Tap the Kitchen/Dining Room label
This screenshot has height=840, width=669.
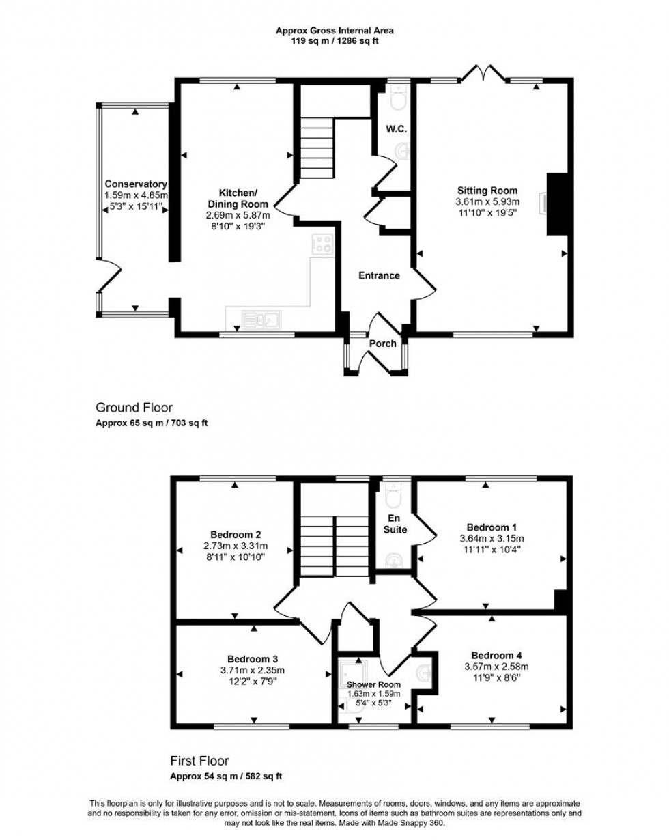point(238,198)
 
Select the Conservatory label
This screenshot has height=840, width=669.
point(136,184)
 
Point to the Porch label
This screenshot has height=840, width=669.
point(382,344)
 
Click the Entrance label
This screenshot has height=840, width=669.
point(379,275)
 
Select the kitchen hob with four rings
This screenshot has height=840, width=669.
point(322,244)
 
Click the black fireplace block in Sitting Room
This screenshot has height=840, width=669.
point(558,204)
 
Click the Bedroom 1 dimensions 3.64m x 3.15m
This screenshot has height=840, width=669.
point(492,538)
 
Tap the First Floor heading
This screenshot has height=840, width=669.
point(199,760)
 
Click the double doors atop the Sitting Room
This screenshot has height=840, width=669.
point(484,72)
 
